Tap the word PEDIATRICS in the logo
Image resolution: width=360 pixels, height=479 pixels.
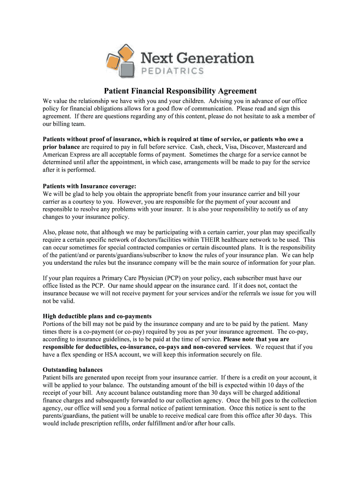(x=172, y=71)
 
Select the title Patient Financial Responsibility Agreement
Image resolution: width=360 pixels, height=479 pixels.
(x=180, y=91)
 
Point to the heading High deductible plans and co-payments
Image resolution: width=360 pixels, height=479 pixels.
(x=97, y=316)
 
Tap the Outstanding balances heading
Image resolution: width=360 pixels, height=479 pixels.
(x=72, y=370)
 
